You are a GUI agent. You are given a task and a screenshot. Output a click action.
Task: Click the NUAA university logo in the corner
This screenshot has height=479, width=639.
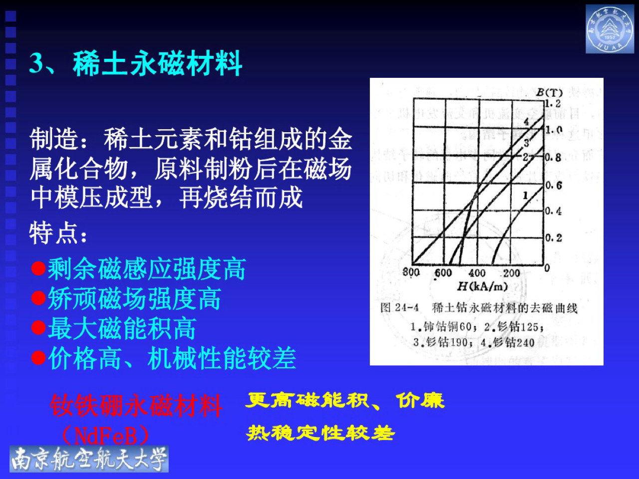click(609, 29)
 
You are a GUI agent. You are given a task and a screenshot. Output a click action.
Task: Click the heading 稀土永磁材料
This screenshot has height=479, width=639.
click(158, 64)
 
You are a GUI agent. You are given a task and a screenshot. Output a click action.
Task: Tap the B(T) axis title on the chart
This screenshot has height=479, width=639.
click(549, 93)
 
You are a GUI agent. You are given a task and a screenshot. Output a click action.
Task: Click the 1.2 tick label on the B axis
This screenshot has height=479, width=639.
click(553, 104)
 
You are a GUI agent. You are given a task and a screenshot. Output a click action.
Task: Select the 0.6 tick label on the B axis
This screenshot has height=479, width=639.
click(553, 186)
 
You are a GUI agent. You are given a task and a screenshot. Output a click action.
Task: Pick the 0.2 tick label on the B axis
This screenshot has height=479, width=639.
click(553, 238)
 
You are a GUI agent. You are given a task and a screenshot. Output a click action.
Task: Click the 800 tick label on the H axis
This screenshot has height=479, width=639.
click(411, 272)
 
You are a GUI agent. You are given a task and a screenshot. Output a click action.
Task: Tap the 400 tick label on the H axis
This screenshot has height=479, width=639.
click(477, 273)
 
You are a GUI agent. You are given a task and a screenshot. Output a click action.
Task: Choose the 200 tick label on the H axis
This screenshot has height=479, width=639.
click(511, 273)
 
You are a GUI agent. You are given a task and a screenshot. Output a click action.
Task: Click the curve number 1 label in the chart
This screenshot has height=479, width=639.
click(525, 195)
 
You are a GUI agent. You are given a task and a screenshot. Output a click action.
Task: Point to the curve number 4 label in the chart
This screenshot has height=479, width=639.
click(526, 122)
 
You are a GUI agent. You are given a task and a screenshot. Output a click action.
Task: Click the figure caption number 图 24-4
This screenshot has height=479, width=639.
click(399, 308)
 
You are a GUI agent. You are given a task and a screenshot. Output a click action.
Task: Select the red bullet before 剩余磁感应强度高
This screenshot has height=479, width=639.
click(38, 269)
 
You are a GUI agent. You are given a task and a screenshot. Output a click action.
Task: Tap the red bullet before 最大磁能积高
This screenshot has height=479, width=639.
click(38, 328)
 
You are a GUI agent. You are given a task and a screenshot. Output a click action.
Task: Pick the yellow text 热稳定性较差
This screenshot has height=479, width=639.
click(320, 433)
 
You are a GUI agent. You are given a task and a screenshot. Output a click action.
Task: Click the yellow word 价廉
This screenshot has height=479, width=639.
click(420, 400)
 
